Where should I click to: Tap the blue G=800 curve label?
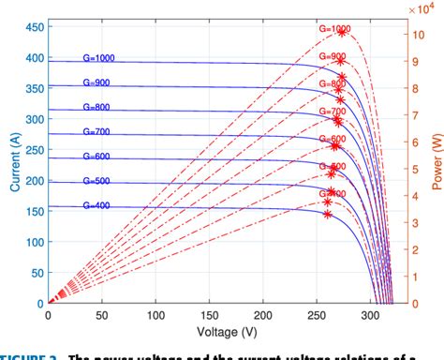tap(97, 106)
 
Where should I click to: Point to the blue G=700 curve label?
tap(97, 131)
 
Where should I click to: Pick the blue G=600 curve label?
tap(97, 156)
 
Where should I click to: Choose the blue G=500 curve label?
tap(97, 181)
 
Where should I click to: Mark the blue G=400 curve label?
tap(97, 205)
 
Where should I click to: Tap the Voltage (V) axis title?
tap(226, 333)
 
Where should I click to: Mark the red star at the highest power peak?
tap(343, 33)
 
